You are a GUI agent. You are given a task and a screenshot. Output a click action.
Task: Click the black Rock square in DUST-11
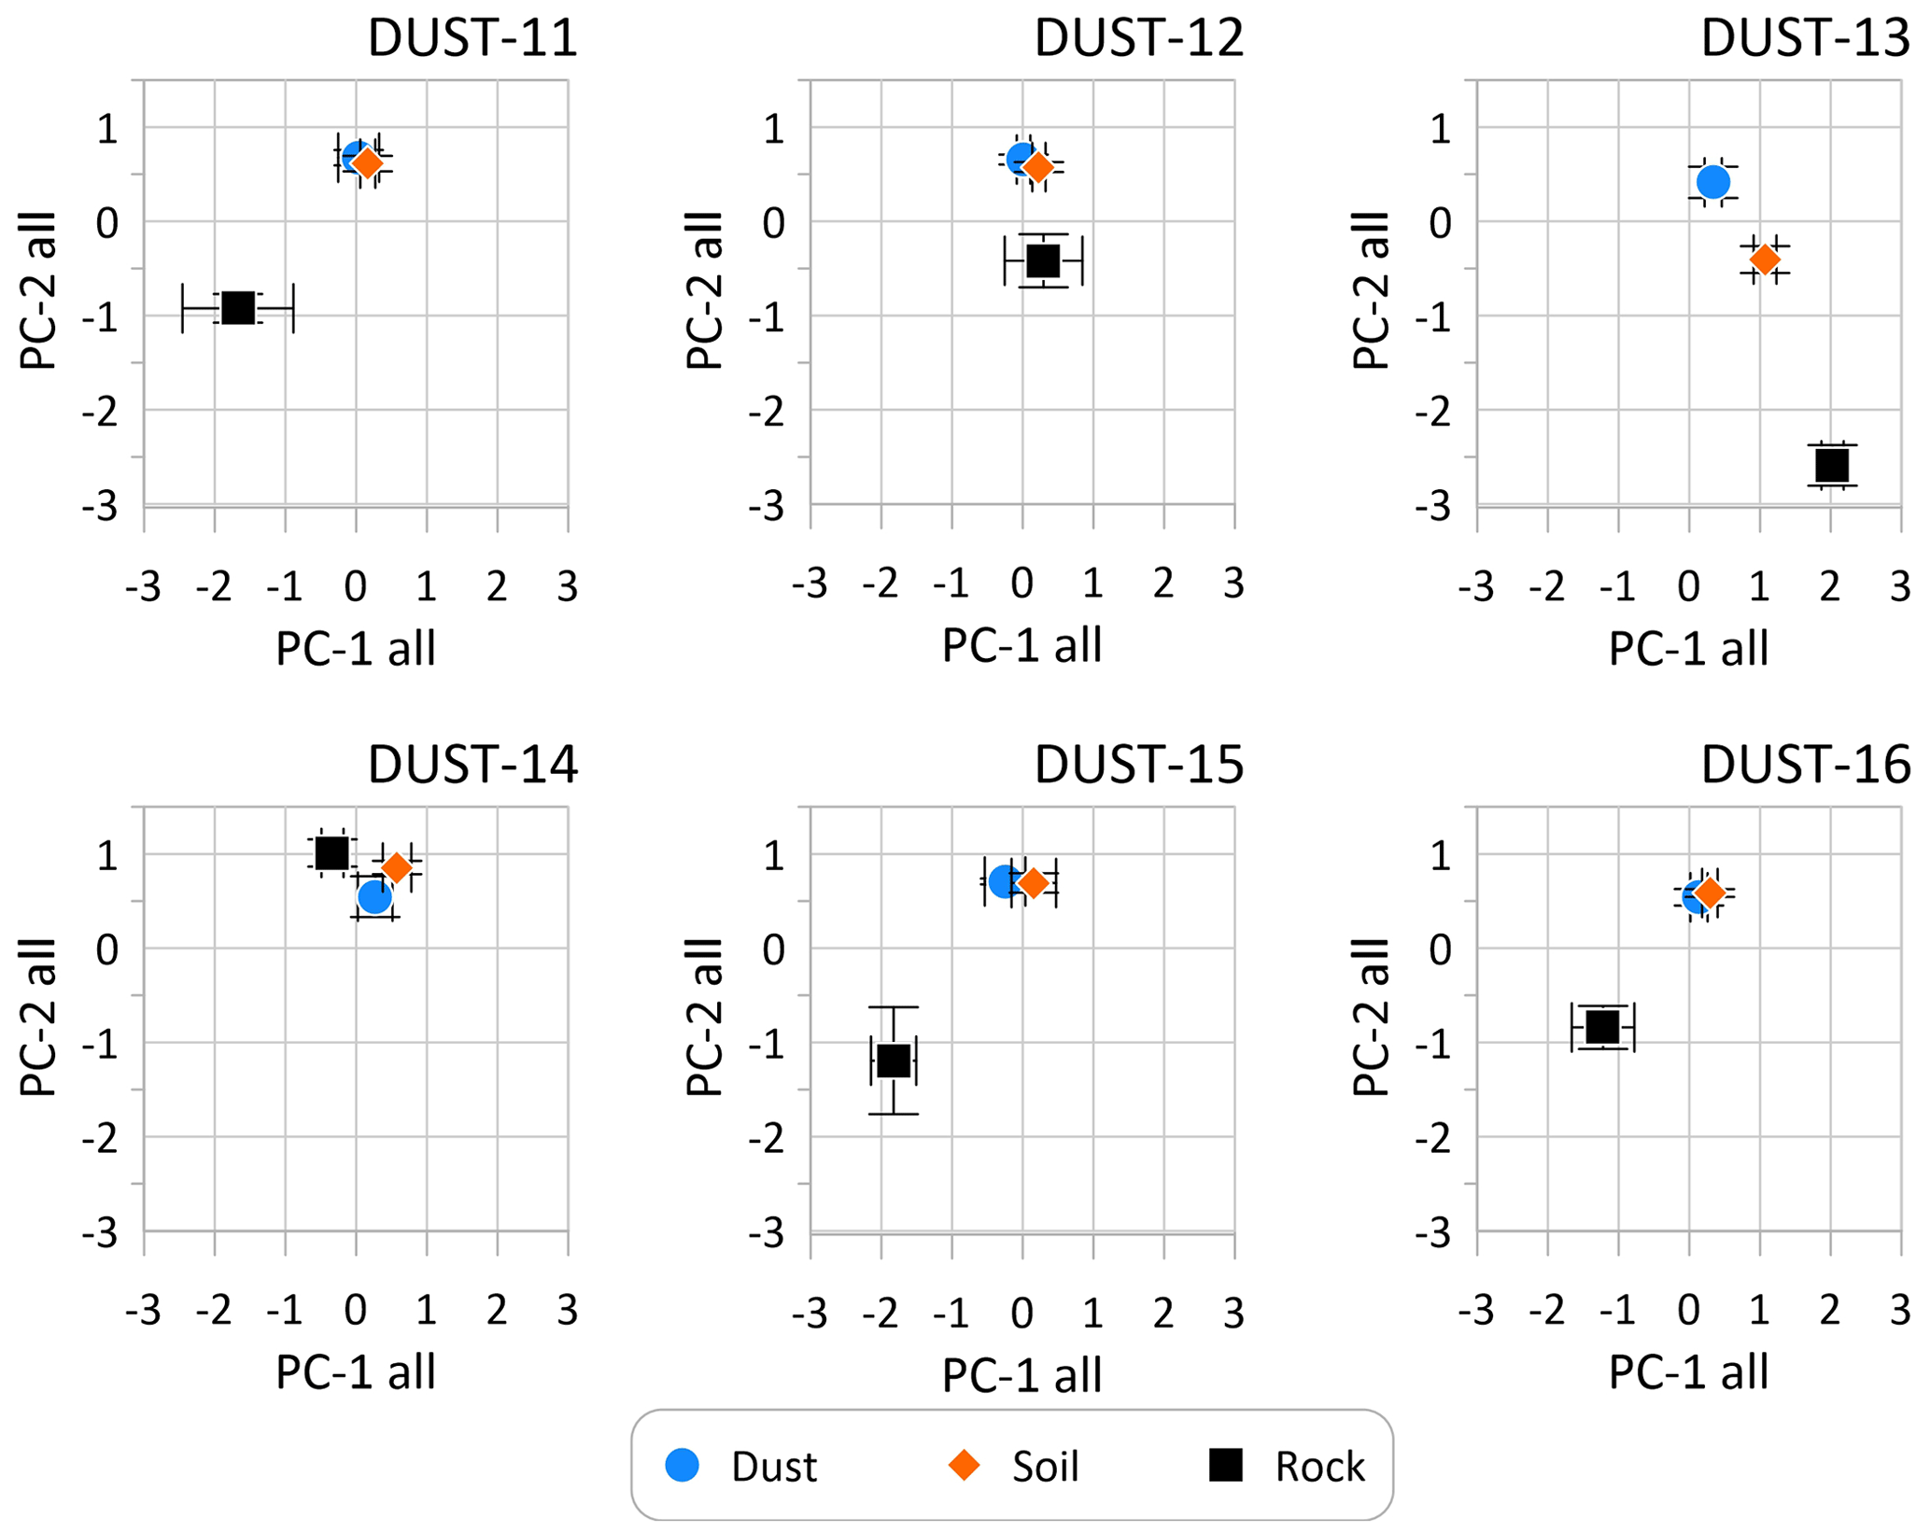click(239, 307)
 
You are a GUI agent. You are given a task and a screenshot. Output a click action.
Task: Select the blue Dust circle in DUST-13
click(1713, 182)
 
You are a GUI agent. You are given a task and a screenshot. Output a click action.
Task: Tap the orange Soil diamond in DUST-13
click(1765, 259)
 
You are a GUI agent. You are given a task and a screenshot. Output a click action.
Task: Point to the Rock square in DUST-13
click(1832, 465)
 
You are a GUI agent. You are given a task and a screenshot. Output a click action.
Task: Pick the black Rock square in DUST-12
click(1043, 260)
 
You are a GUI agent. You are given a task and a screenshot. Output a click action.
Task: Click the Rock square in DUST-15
click(894, 1061)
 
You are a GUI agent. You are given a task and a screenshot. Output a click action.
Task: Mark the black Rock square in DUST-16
click(1603, 1027)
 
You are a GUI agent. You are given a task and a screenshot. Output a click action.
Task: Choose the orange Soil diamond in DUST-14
click(397, 867)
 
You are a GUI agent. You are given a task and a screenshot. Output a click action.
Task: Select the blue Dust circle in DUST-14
click(374, 897)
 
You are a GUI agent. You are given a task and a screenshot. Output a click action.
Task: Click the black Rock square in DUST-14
click(331, 852)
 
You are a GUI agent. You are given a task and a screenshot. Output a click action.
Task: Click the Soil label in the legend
click(1045, 1467)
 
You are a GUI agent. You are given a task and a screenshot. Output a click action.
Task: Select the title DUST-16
click(1805, 766)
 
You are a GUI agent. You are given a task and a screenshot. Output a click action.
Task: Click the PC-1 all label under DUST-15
click(1022, 1375)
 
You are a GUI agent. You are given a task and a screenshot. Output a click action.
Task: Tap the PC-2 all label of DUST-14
click(39, 1018)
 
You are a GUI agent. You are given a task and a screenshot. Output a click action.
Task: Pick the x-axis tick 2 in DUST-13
click(1830, 586)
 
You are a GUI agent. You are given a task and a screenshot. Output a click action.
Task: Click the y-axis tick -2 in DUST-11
click(100, 412)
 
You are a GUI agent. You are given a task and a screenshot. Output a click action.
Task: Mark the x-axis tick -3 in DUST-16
click(1476, 1312)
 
